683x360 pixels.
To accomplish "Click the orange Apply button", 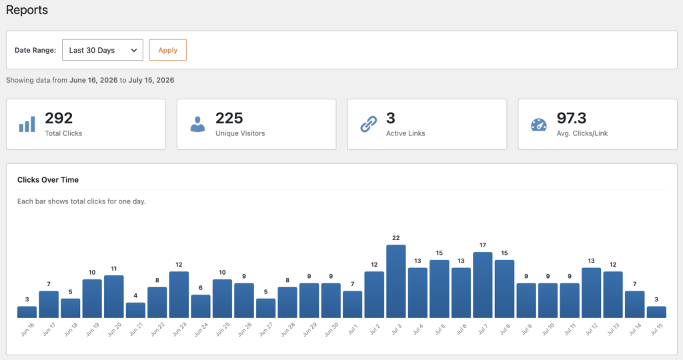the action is pos(167,50).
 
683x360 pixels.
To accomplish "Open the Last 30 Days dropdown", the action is pos(102,50).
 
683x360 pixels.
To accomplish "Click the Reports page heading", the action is pos(27,10).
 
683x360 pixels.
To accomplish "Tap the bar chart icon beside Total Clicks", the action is pos(27,124).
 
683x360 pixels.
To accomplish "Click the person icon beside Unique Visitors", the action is pos(197,124).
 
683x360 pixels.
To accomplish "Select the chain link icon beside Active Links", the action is pos(368,124).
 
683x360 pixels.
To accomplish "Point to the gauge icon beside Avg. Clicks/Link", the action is pos(539,125).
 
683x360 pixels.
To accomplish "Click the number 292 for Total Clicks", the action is pos(59,118).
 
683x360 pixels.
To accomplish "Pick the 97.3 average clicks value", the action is pos(572,118).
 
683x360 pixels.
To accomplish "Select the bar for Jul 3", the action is pos(396,281).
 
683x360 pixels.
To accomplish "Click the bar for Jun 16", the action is pos(27,312).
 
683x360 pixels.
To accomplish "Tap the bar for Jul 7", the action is pos(483,285).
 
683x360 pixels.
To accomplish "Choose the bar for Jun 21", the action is pos(135,311).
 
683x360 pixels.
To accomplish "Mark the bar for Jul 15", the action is pos(656,312).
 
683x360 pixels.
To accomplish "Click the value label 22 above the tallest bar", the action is pos(396,238).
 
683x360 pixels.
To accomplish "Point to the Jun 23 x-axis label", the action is pos(179,329).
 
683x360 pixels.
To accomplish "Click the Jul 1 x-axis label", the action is pos(353,329).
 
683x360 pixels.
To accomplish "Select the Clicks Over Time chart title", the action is pos(48,180).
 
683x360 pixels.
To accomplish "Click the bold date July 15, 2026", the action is pos(151,80).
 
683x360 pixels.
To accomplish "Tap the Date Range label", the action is pos(35,50).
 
